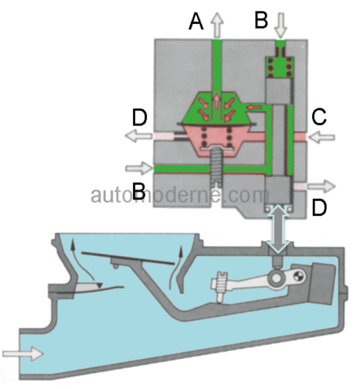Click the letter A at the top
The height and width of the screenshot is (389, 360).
[196, 22]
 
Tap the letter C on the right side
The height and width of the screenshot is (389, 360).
[319, 117]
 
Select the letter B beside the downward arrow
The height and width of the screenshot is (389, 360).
[261, 20]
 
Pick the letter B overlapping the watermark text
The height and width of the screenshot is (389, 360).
[139, 191]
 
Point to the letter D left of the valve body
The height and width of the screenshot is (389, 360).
[140, 118]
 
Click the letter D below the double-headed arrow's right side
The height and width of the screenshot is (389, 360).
[319, 207]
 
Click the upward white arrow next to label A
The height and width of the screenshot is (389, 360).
[218, 25]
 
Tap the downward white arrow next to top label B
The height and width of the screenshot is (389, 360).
[280, 26]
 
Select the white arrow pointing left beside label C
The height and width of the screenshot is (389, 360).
[321, 137]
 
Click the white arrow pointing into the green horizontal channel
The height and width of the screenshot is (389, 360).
[139, 169]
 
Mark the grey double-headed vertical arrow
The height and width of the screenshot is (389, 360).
[278, 229]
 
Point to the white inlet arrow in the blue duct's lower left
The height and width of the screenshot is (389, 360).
[22, 353]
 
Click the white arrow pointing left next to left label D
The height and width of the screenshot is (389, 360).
[138, 136]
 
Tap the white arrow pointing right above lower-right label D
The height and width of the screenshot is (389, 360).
[322, 186]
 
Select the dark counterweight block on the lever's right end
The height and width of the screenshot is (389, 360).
[322, 284]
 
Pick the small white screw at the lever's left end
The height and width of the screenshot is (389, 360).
[219, 287]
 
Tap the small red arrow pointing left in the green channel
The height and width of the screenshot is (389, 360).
[254, 107]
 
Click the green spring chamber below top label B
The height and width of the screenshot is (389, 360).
[280, 67]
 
